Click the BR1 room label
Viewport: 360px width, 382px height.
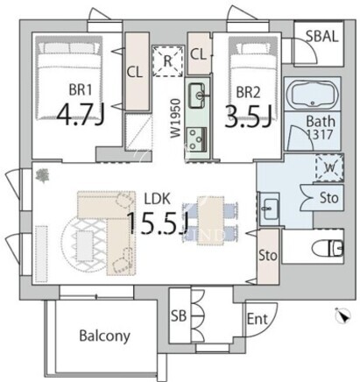tap(81, 89)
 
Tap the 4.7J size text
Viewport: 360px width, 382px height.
tap(80, 115)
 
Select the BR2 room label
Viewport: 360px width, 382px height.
tap(248, 93)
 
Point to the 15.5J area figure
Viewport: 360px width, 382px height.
tap(157, 223)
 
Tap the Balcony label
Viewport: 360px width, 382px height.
tap(104, 336)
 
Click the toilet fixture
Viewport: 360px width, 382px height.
tap(328, 249)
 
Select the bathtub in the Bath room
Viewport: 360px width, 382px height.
tap(313, 94)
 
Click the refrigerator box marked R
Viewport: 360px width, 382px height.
tap(167, 61)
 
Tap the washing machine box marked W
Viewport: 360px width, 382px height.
tap(329, 168)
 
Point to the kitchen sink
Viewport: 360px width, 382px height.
tap(197, 95)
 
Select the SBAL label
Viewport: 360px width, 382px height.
tap(321, 37)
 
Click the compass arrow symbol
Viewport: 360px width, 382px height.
tap(343, 315)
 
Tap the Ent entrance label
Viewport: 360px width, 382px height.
tap(257, 319)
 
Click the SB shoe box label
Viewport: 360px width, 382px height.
tap(179, 315)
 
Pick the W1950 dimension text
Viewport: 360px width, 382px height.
tap(175, 118)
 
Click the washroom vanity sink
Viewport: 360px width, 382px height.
tap(269, 209)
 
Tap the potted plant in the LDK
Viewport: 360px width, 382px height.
tap(43, 176)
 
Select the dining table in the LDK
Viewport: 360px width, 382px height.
tap(210, 221)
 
